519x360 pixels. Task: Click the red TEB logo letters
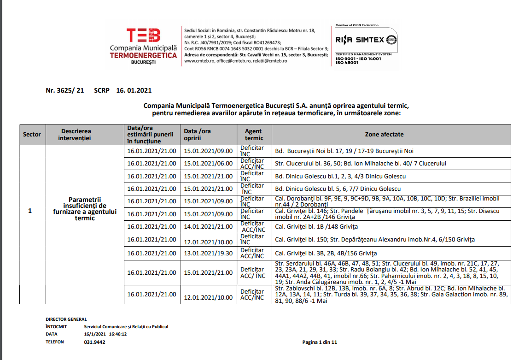(143, 35)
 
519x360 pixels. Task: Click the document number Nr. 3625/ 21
(65, 91)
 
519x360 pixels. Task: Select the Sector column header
(32, 135)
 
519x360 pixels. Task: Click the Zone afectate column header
(384, 135)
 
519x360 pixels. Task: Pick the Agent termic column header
(254, 135)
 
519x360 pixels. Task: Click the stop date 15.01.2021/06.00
(208, 163)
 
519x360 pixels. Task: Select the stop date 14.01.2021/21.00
(208, 227)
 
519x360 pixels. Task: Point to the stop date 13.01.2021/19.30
(208, 253)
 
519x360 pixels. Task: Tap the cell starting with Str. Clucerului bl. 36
(360, 163)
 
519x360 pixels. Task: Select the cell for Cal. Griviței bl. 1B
(316, 227)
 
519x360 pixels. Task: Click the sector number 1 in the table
(30, 211)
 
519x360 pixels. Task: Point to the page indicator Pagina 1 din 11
(320, 342)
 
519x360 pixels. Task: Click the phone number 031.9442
(94, 342)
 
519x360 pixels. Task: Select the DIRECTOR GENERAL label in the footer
(66, 319)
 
